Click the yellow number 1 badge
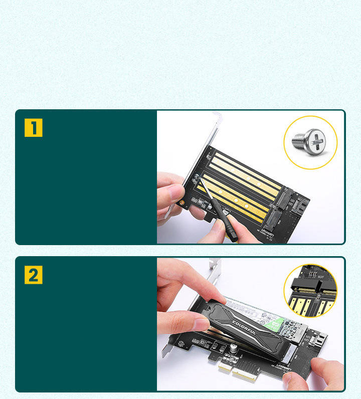click(34, 128)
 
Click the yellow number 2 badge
click(34, 275)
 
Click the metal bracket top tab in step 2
click(215, 263)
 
